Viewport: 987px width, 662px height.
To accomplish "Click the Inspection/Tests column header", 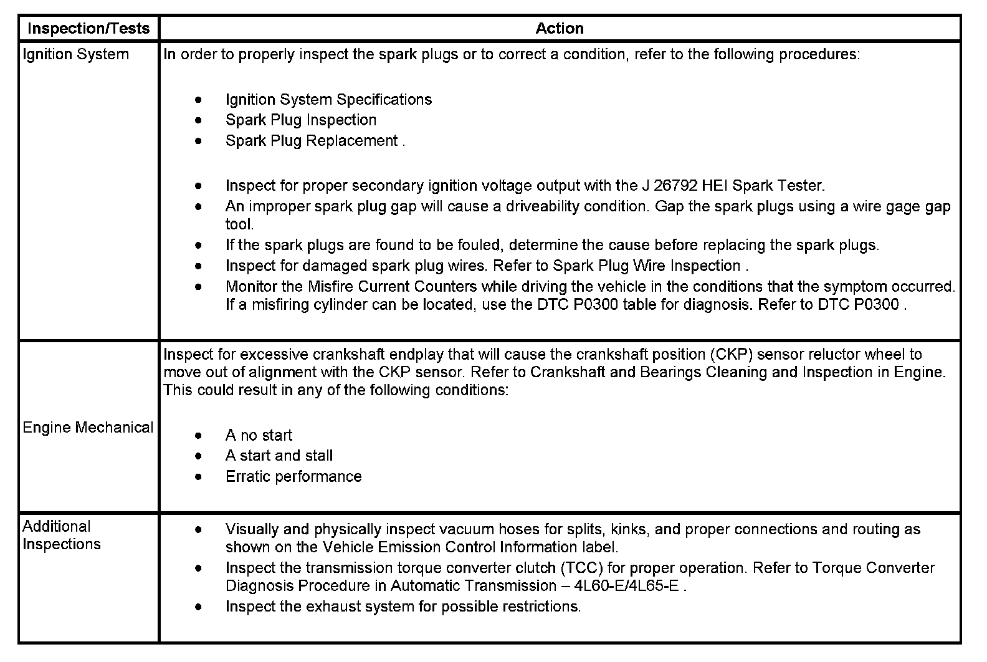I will (x=88, y=28).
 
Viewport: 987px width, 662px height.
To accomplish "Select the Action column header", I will (x=560, y=28).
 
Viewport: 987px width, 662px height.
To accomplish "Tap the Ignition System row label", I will (x=75, y=55).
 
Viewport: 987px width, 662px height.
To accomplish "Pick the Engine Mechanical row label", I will (x=88, y=428).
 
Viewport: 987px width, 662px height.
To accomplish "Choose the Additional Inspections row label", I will (x=61, y=535).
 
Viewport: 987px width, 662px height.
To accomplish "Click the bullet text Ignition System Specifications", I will (x=328, y=100).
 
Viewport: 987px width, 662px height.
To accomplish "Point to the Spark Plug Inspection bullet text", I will (x=301, y=120).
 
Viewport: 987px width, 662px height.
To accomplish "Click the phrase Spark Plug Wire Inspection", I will (x=647, y=266).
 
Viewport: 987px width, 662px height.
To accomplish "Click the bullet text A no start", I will (x=259, y=435).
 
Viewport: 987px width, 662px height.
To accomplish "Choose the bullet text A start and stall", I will (x=279, y=456).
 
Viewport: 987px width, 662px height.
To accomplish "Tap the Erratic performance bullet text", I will (x=293, y=477).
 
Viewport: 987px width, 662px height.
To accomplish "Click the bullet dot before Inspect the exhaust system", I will (x=198, y=606).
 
